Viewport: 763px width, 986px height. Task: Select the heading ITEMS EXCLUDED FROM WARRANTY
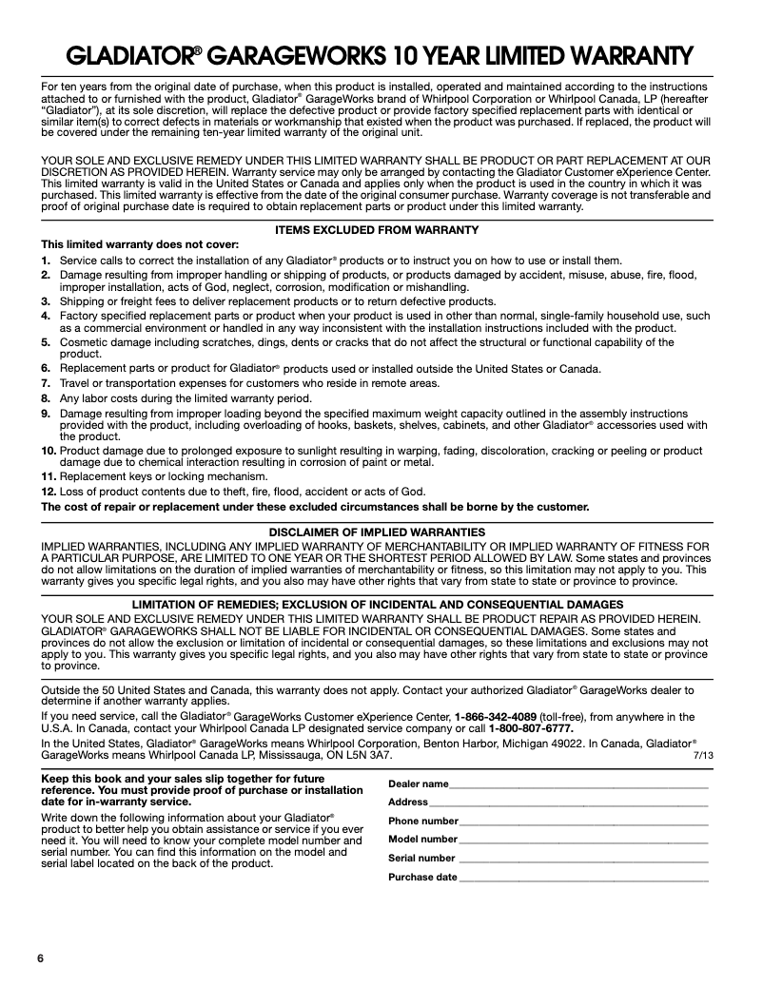[376, 231]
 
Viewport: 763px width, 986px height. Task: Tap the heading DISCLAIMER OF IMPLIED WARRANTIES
[377, 532]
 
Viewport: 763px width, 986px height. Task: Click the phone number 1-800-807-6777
[531, 728]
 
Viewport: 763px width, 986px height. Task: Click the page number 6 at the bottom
[41, 957]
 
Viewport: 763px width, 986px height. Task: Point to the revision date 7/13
[703, 755]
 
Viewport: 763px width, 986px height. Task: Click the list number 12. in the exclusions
[49, 492]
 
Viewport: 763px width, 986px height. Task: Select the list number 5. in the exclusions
[46, 342]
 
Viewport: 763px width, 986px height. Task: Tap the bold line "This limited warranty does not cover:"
[140, 244]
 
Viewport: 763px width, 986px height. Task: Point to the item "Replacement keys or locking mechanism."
[164, 476]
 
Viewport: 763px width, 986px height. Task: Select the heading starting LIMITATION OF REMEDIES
[377, 604]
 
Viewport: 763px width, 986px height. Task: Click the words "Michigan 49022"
[576, 744]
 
